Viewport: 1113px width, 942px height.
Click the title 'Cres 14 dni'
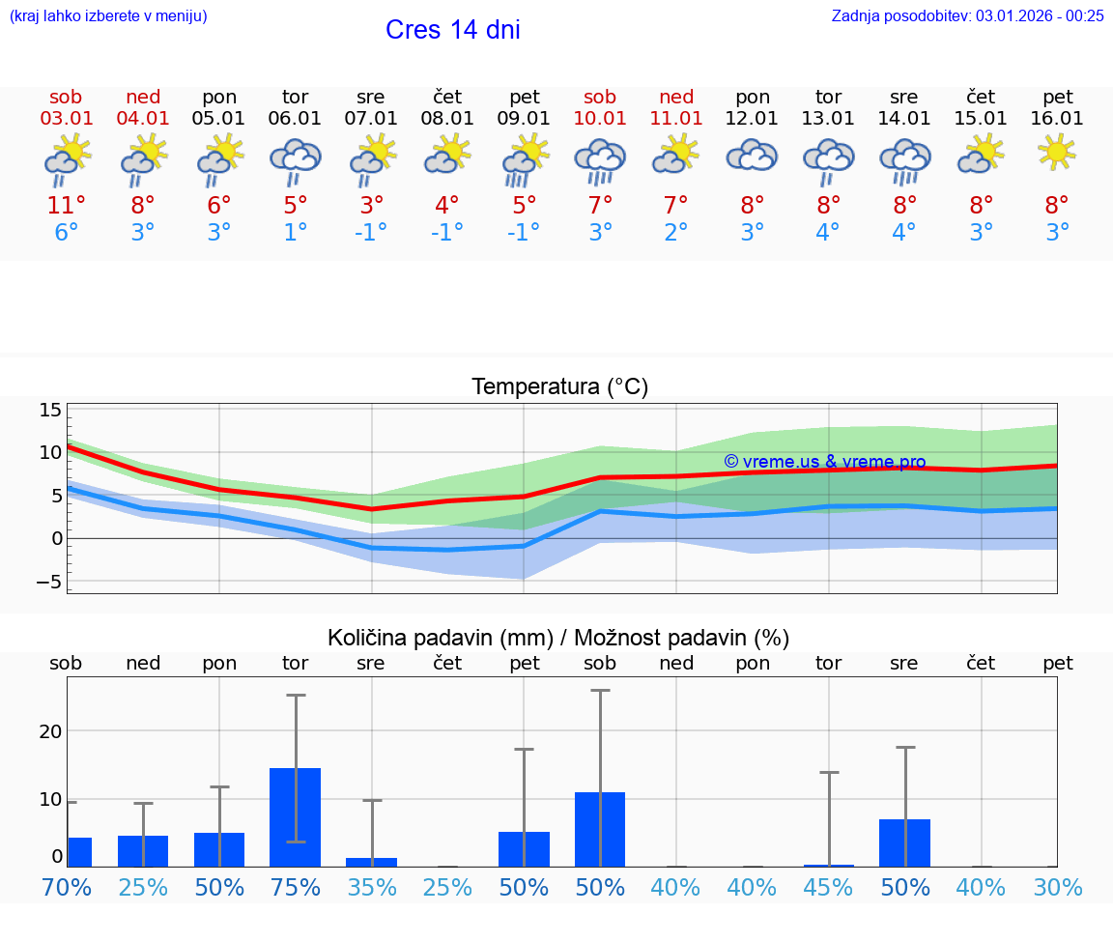point(452,30)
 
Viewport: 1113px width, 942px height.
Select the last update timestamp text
point(967,15)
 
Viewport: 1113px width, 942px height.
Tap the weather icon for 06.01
point(295,160)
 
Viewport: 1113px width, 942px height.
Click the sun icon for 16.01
point(1057,153)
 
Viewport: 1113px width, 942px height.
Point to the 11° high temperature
point(67,206)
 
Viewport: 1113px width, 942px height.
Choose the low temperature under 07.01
point(371,233)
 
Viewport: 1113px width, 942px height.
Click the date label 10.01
point(600,119)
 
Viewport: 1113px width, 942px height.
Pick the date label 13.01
point(828,119)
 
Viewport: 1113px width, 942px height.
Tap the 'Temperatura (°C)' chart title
point(559,387)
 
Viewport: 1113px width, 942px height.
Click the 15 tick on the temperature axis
point(50,410)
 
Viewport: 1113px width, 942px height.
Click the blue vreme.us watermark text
point(824,462)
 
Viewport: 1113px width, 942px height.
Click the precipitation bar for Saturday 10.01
point(600,829)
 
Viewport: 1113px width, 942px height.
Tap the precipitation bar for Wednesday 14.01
point(904,842)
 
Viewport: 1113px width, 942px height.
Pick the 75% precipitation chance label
point(295,887)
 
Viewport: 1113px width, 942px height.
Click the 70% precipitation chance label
point(67,887)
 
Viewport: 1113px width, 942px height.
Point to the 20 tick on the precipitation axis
point(50,731)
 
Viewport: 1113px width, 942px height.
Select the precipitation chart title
point(558,638)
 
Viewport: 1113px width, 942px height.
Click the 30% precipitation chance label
point(1057,887)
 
